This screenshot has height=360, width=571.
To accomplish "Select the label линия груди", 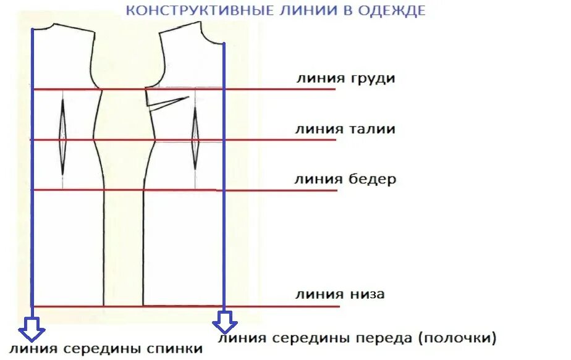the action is tap(345, 79).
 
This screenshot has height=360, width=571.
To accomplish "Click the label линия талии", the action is tap(345, 129).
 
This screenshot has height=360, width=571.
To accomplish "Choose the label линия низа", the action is tap(340, 294).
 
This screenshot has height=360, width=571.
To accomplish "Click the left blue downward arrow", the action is tap(31, 329).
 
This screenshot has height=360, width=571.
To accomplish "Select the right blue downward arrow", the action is tap(224, 322).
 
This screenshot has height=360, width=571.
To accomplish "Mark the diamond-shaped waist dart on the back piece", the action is tap(63, 137).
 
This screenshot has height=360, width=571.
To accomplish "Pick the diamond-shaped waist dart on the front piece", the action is tap(195, 138).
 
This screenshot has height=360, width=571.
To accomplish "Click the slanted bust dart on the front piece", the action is tap(169, 103).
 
